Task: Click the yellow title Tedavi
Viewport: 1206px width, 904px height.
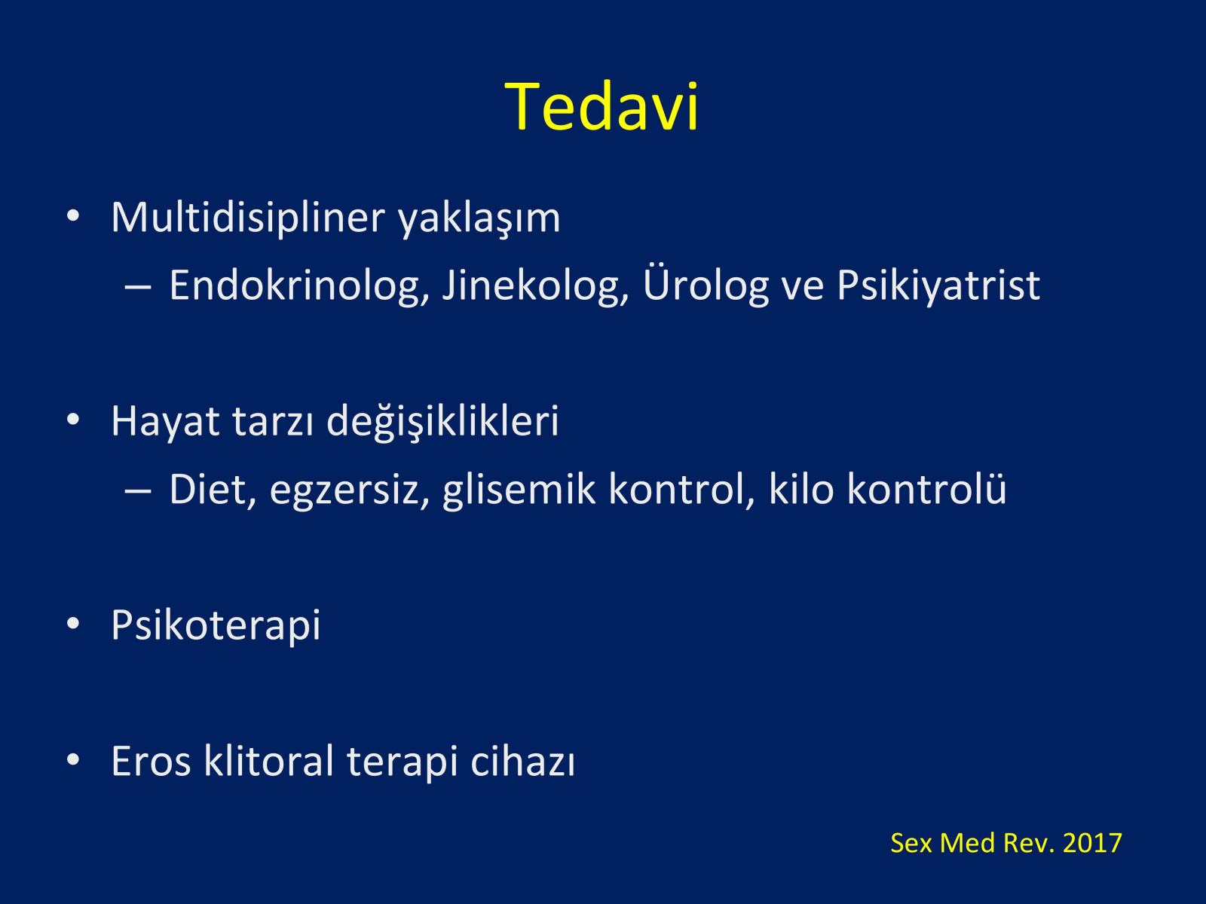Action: pos(601,106)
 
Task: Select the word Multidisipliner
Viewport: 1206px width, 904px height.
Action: pos(248,218)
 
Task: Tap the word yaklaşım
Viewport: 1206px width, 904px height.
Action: pos(479,219)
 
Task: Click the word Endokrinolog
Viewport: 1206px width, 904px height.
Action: pos(299,286)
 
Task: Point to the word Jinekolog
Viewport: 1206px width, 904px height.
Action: pos(535,286)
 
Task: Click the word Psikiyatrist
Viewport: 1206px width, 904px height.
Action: pos(938,286)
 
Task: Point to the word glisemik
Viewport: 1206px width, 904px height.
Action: pos(519,490)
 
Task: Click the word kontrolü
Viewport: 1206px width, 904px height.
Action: pos(927,488)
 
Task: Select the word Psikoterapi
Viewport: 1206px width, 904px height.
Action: pos(216,625)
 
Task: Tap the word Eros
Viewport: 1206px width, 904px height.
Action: pos(151,762)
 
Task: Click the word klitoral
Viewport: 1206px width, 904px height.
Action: pos(268,760)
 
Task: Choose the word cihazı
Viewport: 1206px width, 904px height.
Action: pos(522,760)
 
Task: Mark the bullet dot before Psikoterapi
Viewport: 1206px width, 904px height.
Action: pos(73,624)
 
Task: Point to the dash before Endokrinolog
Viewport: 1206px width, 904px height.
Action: pos(138,286)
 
